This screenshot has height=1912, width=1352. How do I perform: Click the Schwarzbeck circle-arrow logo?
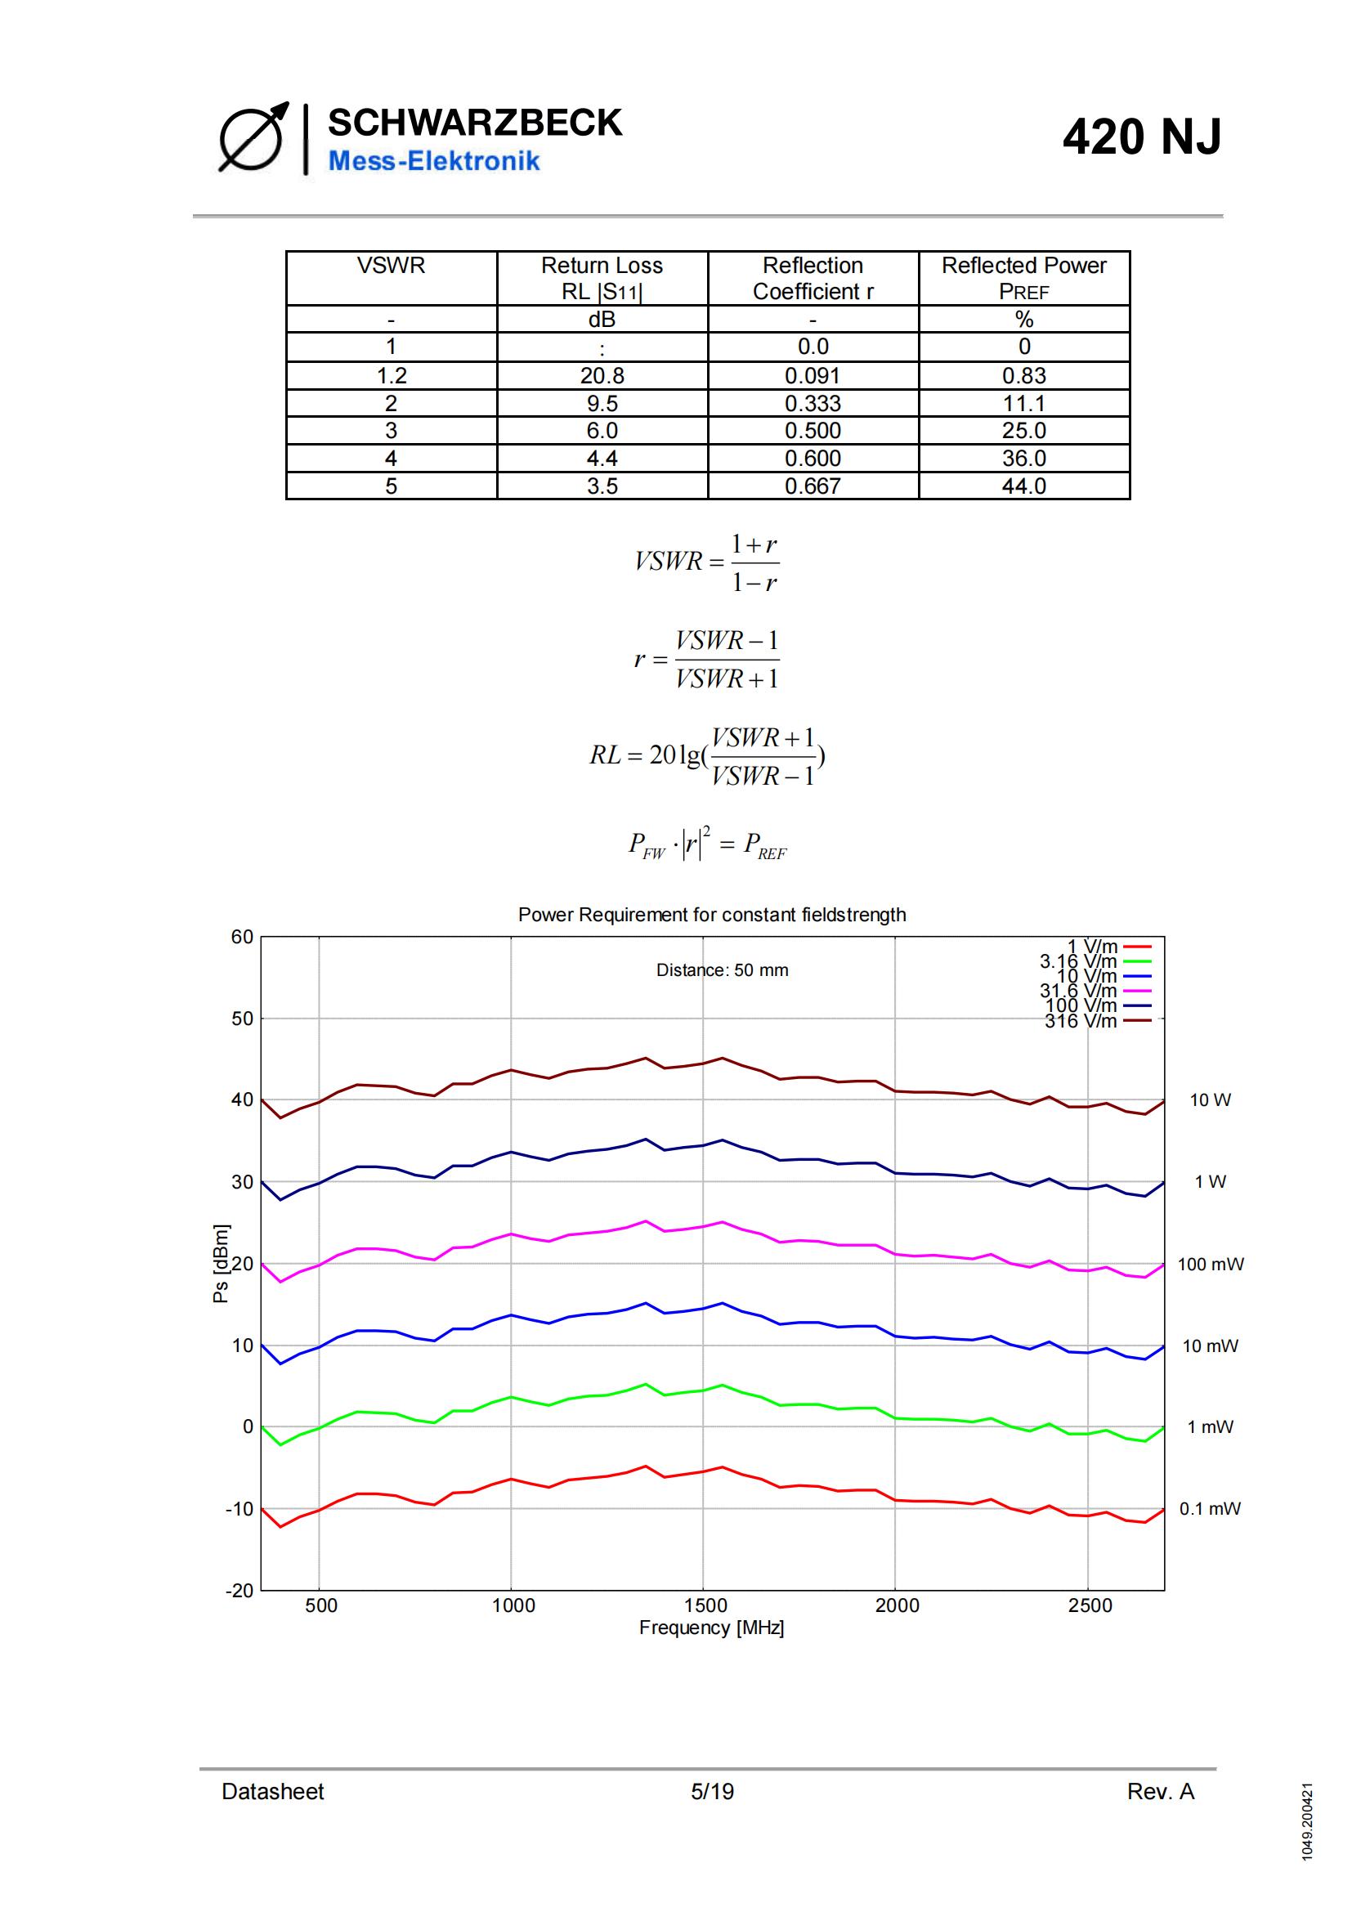(x=253, y=138)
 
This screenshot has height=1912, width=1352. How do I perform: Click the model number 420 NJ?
(x=1141, y=137)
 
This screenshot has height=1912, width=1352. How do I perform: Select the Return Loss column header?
(x=601, y=277)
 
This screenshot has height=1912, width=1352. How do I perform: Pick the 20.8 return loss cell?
(x=602, y=375)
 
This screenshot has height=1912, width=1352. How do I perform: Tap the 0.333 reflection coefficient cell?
(x=813, y=404)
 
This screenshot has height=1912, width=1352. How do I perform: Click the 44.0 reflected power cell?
(x=1023, y=486)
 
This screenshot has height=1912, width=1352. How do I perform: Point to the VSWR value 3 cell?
(x=392, y=432)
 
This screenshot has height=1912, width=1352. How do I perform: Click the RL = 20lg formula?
(x=708, y=756)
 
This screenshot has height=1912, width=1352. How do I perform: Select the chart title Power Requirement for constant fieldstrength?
(x=712, y=915)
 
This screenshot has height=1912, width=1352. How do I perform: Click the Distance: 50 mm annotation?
(x=722, y=970)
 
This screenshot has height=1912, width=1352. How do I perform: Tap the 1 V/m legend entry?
(x=1108, y=947)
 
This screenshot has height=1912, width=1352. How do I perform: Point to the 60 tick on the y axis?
(x=242, y=937)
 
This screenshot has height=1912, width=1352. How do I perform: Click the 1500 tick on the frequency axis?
(x=705, y=1605)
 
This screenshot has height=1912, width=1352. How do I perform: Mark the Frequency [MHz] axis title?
(x=712, y=1628)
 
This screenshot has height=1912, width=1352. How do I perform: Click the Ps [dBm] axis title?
(x=221, y=1263)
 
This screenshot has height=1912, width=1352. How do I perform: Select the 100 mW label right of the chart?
(x=1211, y=1264)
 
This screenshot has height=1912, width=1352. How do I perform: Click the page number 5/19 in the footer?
(x=712, y=1791)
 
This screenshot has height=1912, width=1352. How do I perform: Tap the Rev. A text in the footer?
(x=1161, y=1791)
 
